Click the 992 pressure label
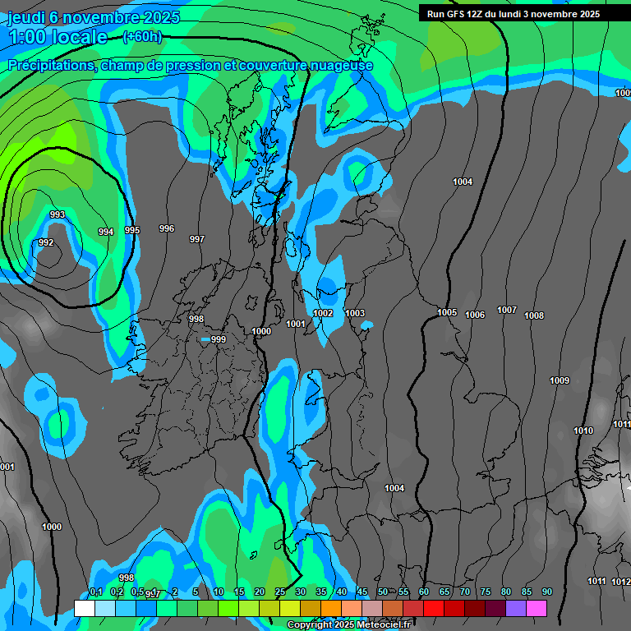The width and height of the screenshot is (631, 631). click(46, 242)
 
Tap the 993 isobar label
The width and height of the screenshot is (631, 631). click(58, 214)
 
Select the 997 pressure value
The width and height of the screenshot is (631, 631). click(196, 239)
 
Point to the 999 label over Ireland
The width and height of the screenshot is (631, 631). click(218, 339)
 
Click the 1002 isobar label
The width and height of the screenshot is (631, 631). click(323, 313)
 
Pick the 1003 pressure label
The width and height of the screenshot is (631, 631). click(355, 313)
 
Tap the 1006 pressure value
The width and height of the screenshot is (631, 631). click(475, 315)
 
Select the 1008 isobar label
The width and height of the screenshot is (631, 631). click(534, 315)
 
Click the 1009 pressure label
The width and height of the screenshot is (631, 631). click(560, 380)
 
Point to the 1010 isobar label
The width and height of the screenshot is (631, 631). click(583, 431)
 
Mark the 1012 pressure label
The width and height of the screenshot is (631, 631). click(621, 582)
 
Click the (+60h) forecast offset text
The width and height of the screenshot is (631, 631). click(142, 36)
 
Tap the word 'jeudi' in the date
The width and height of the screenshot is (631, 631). click(26, 17)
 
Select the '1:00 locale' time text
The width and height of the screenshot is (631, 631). click(58, 37)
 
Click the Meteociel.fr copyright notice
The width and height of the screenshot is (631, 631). click(348, 625)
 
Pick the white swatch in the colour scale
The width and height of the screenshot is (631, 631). click(84, 608)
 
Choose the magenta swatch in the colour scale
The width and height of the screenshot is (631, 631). click(537, 608)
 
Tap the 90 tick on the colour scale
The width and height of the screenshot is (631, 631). click(547, 592)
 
